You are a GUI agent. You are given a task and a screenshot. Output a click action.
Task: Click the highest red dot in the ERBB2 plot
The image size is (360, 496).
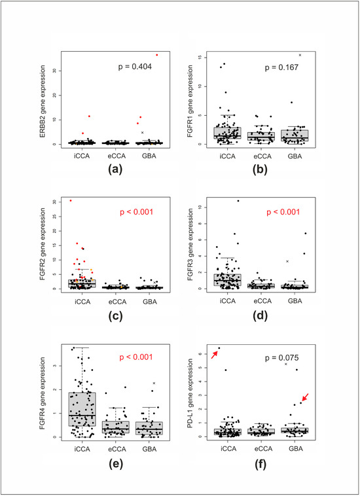click(157, 55)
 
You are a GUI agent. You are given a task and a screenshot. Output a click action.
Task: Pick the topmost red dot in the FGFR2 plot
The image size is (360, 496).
click(71, 200)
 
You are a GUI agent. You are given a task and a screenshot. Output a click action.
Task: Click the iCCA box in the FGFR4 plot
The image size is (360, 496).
click(83, 409)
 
